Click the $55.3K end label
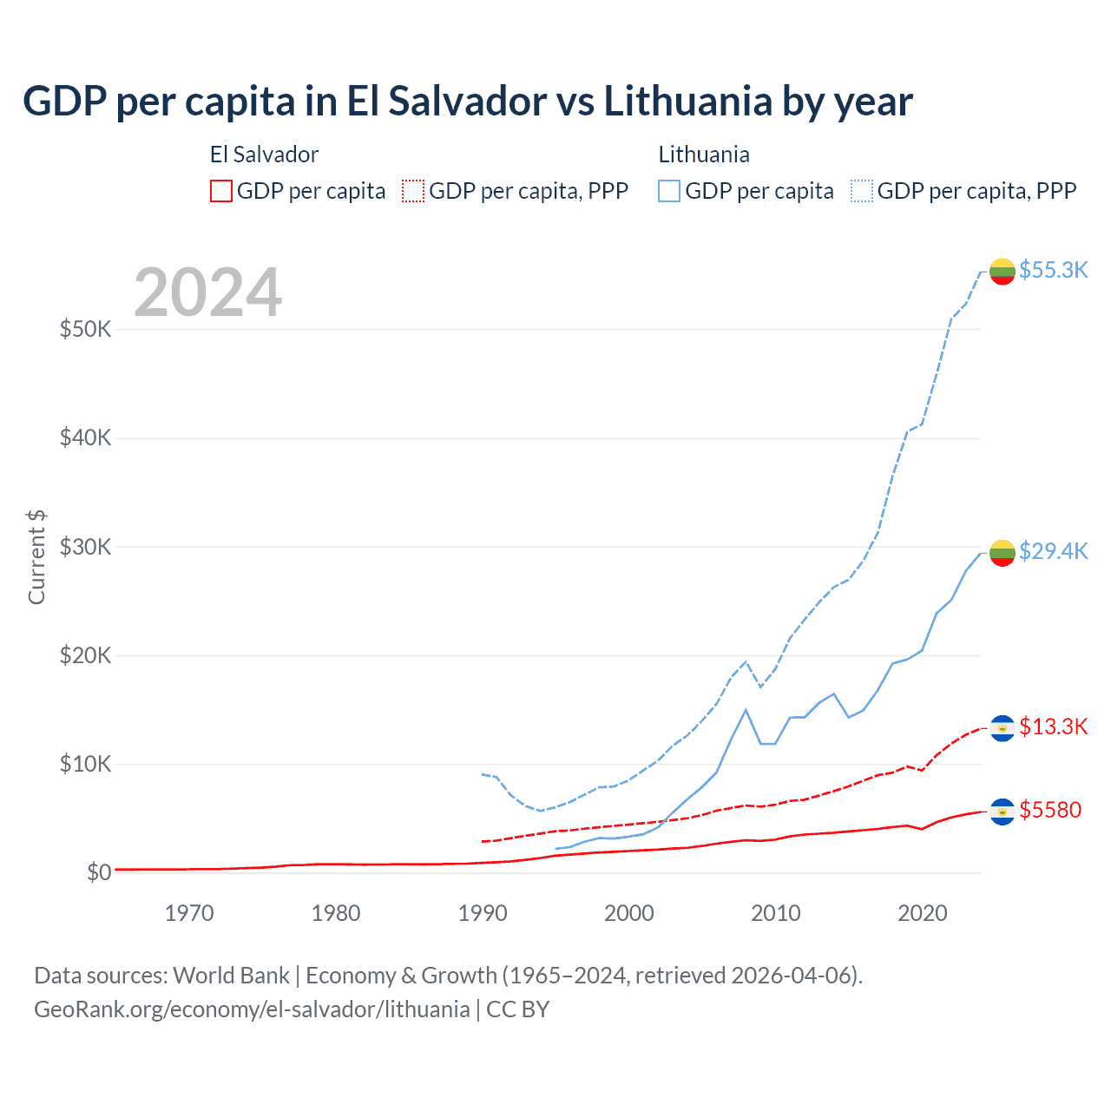pos(1053,270)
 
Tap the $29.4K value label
pos(1053,551)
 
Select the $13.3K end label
pos(1053,726)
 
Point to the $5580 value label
pos(1050,810)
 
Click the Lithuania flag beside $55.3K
pos(1003,271)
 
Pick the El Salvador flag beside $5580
pos(1003,812)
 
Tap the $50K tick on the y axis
pos(85,329)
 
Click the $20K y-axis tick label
pos(85,655)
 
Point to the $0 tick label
pos(99,872)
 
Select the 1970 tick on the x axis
pos(189,913)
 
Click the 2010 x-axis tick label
pos(776,913)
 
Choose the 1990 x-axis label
pos(483,913)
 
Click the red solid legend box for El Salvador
pos(221,191)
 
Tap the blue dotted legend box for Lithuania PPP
pos(862,191)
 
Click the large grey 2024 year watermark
pos(208,293)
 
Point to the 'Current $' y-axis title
pos(36,557)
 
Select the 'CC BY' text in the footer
pos(517,1009)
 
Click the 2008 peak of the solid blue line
pos(746,710)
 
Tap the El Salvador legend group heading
pos(264,154)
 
